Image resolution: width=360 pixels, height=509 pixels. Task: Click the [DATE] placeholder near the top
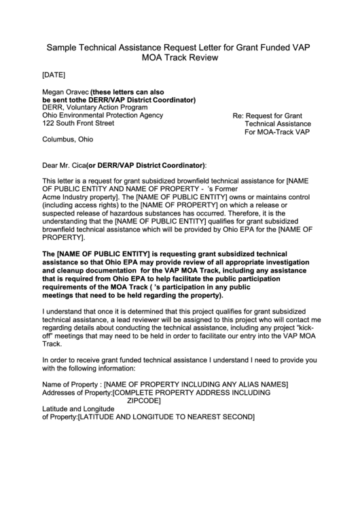point(54,75)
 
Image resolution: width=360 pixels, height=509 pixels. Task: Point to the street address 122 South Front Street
point(78,124)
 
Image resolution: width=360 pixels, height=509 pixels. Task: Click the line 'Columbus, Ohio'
point(68,140)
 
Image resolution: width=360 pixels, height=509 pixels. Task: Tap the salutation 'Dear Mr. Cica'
point(64,165)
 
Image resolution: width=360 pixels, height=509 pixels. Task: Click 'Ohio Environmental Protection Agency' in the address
point(103,116)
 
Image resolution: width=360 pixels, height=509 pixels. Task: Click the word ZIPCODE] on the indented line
point(149,401)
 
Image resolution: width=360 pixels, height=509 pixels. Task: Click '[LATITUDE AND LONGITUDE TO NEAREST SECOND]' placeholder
point(166,417)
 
